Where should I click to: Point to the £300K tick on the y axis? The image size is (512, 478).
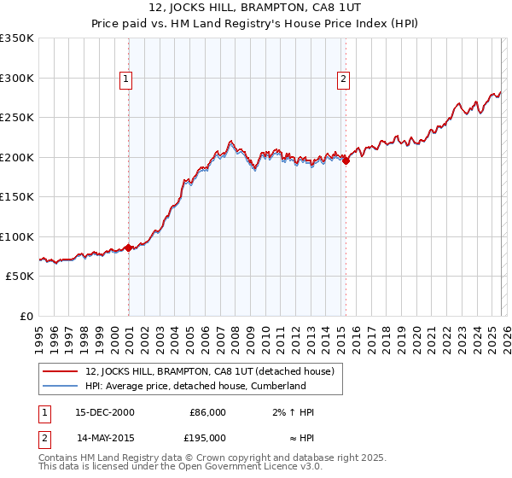coord(16,78)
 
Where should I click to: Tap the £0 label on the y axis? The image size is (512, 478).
coord(26,317)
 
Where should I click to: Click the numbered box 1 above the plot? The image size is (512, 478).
coord(125,79)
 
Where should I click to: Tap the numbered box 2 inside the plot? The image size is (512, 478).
coord(343,79)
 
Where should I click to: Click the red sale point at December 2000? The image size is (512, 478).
coord(129,248)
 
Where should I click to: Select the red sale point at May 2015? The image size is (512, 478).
coord(346,161)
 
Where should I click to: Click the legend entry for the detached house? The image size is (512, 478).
coord(213,371)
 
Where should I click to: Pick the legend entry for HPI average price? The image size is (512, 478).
coord(195,387)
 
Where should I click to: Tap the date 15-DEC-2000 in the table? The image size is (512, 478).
coord(105,412)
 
